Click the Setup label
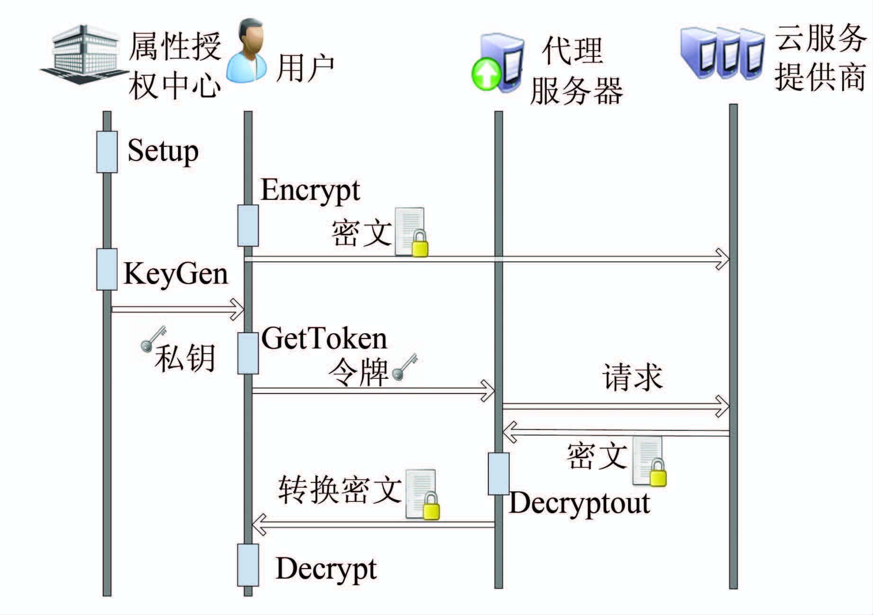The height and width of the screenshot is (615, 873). click(x=162, y=152)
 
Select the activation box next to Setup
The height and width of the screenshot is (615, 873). click(x=107, y=152)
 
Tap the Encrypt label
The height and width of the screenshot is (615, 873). click(x=310, y=191)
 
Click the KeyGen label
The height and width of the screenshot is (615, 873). click(x=176, y=274)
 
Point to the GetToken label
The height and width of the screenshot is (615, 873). click(x=324, y=339)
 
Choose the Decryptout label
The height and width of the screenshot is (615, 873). click(x=579, y=503)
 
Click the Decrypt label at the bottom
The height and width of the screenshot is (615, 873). click(x=326, y=569)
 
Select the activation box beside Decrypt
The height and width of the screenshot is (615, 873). click(x=248, y=565)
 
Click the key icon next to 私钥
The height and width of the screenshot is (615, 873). click(x=153, y=338)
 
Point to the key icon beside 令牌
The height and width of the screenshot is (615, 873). click(x=405, y=366)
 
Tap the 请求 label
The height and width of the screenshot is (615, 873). click(x=632, y=377)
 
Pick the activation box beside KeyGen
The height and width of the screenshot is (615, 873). click(x=107, y=269)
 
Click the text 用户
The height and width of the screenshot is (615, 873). click(x=305, y=68)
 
